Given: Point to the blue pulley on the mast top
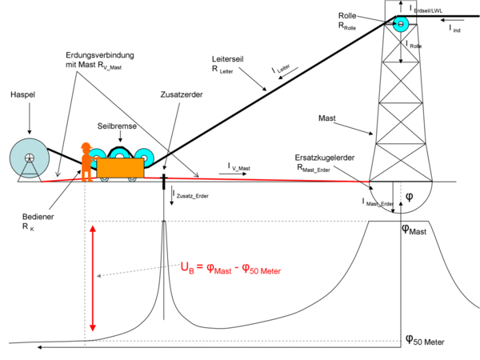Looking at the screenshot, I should [x=398, y=24].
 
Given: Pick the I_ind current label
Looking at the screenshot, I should [x=454, y=29].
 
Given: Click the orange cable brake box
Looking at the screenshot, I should [x=120, y=166].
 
